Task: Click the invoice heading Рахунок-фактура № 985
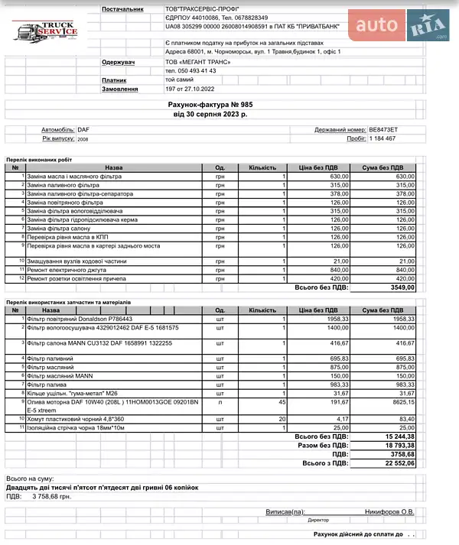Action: click(x=210, y=103)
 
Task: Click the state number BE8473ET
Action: click(x=383, y=130)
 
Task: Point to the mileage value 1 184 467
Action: click(x=382, y=139)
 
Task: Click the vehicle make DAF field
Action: click(x=83, y=130)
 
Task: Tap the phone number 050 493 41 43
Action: click(x=190, y=70)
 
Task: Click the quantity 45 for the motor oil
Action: click(x=282, y=401)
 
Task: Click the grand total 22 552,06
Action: click(x=399, y=462)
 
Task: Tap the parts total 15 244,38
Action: click(x=399, y=436)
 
